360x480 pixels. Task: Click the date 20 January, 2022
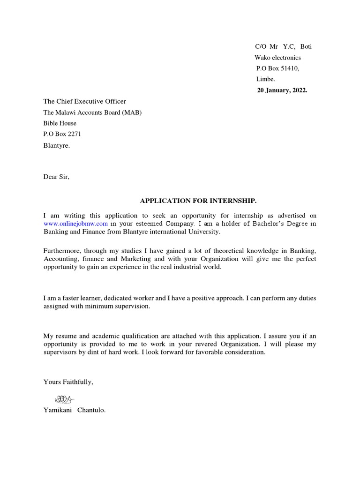tap(282, 90)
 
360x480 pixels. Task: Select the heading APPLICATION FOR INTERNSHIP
tap(198, 201)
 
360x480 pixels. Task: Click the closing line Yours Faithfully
tap(68, 382)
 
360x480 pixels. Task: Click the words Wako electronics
tap(277, 58)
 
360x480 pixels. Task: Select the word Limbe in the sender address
tap(265, 79)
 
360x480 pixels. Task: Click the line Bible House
tap(60, 123)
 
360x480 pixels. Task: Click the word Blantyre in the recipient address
tap(56, 145)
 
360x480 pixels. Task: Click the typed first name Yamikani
tap(59, 410)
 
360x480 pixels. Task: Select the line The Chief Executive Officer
tap(84, 101)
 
